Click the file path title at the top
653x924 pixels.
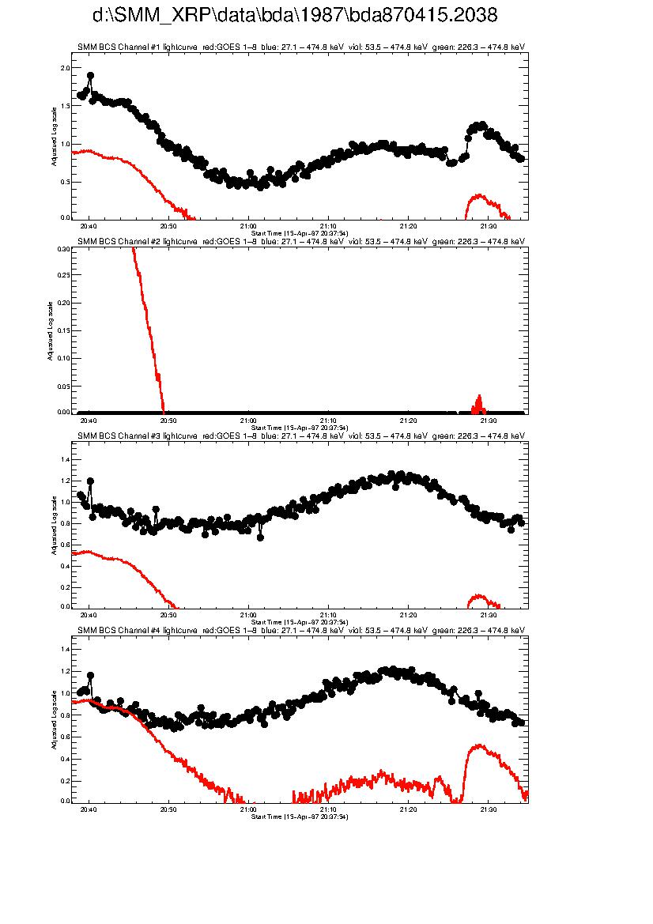click(295, 15)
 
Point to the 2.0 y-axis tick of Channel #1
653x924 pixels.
click(66, 68)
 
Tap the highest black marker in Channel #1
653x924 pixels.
click(90, 76)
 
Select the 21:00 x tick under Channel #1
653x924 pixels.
click(248, 225)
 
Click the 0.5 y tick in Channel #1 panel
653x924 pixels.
click(66, 182)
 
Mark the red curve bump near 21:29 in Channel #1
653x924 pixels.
click(477, 196)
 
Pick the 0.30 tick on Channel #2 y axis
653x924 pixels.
click(64, 248)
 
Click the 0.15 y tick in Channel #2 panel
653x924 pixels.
click(64, 330)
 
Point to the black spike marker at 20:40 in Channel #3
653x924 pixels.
click(90, 481)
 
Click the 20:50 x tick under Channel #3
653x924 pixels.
click(168, 614)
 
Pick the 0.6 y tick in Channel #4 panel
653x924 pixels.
click(66, 737)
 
